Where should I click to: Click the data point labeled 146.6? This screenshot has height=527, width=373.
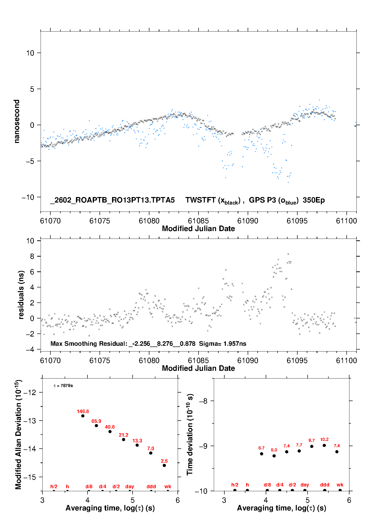(83, 416)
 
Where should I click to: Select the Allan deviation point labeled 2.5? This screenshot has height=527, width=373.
(164, 465)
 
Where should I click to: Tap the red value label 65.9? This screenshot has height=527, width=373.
(96, 421)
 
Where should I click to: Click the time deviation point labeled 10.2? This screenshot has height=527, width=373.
(324, 445)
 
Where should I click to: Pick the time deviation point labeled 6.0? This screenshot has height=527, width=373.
(274, 456)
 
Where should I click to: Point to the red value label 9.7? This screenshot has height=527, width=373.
(312, 440)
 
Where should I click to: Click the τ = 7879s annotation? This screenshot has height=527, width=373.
(63, 386)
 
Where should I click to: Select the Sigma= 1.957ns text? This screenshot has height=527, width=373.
(223, 344)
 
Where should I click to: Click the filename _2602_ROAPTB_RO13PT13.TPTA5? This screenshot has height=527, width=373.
(112, 200)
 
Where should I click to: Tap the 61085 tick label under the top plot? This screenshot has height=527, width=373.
(198, 221)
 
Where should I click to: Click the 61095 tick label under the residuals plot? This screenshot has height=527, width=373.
(297, 361)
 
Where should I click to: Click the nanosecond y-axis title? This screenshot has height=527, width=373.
(17, 121)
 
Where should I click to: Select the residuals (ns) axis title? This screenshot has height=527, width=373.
(21, 295)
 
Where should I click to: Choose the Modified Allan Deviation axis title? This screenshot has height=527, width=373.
(18, 434)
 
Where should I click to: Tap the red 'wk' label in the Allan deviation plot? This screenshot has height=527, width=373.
(168, 486)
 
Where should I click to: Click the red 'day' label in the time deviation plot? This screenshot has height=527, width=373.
(305, 485)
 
